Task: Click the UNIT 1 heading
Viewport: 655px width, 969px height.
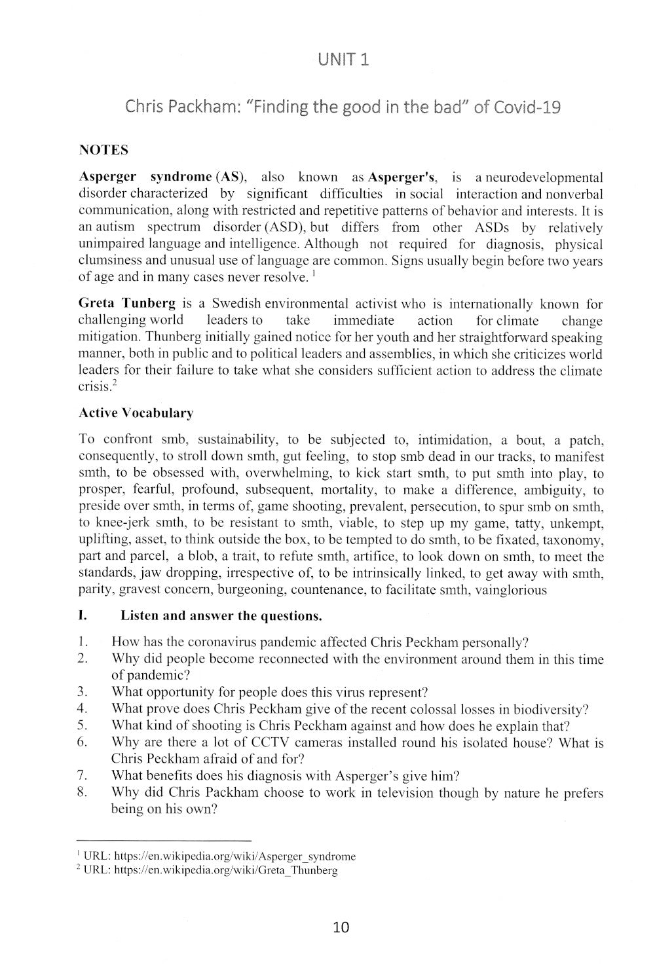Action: (x=343, y=60)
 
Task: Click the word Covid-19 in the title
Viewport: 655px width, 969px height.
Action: (x=527, y=107)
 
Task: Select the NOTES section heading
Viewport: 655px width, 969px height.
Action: (x=103, y=150)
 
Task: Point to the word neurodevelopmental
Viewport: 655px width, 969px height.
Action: (x=539, y=177)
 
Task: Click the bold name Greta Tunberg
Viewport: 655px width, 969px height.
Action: (x=127, y=304)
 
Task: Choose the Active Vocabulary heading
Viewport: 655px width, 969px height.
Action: (x=136, y=413)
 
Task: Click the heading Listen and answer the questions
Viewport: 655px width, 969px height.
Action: (x=221, y=616)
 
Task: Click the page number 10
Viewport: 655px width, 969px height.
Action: (x=341, y=926)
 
